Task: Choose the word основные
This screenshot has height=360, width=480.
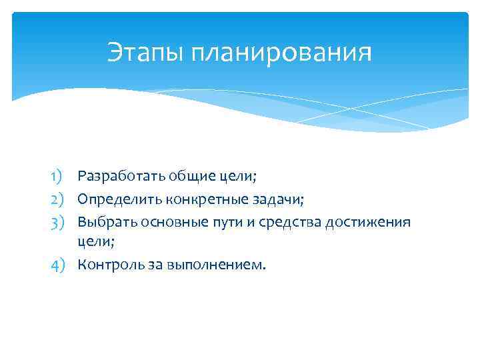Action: (165, 221)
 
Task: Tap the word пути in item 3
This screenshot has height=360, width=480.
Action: (221, 221)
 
